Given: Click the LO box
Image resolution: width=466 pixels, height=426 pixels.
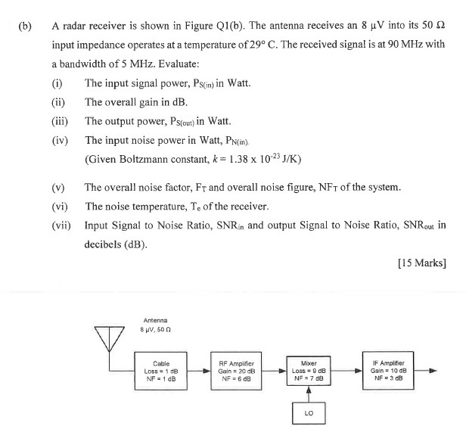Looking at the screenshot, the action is (x=309, y=412).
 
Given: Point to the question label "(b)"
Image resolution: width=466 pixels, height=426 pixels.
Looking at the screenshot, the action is (x=26, y=26).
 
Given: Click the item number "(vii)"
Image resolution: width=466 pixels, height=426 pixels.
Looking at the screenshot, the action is (x=61, y=225).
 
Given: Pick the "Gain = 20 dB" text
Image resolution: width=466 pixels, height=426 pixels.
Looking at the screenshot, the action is (x=240, y=371).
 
